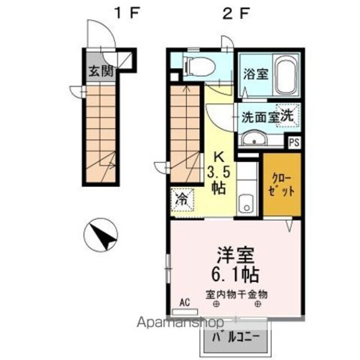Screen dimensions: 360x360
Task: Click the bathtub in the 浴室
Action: click(287, 78)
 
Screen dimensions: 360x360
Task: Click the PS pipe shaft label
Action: click(294, 142)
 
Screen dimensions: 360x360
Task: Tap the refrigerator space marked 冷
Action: click(183, 199)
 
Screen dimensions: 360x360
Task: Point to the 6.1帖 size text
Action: click(236, 274)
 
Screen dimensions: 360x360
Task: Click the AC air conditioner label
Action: click(184, 303)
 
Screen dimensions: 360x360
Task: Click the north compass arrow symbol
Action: click(101, 235)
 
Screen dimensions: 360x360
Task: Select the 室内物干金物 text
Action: click(236, 294)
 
